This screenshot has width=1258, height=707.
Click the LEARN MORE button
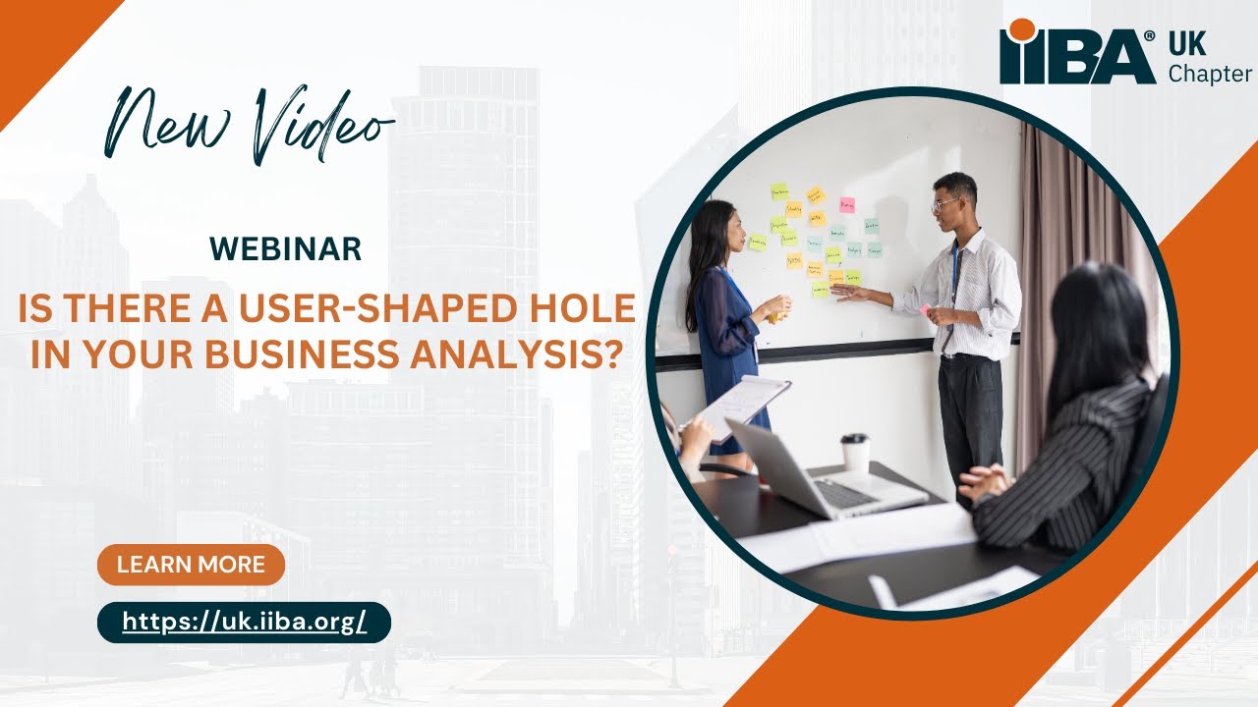click(191, 565)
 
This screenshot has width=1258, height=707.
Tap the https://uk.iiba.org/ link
click(244, 622)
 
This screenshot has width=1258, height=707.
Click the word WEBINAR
click(286, 249)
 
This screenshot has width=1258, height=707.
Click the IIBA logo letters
click(1077, 57)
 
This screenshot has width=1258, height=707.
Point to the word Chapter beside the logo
click(1210, 75)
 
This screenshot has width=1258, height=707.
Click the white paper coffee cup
click(855, 453)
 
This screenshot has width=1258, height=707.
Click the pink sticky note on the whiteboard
click(846, 204)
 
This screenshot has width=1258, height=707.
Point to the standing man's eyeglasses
click(945, 204)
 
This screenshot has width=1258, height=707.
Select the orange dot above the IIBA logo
click(1023, 29)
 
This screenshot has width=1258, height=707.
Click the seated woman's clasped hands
click(983, 481)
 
